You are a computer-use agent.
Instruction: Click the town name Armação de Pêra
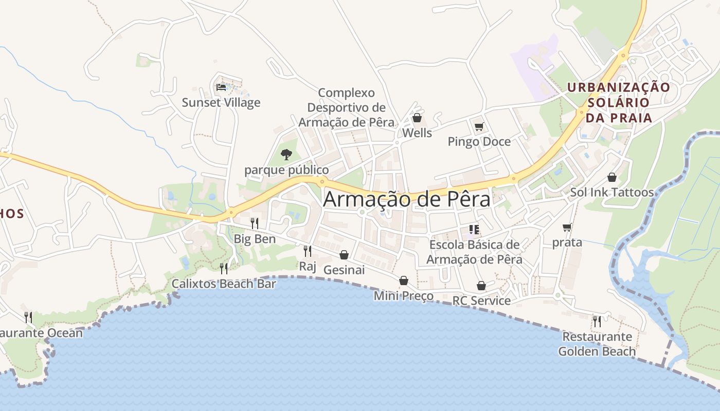(406, 200)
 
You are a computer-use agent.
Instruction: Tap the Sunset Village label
(221, 102)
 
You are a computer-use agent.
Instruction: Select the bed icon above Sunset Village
(221, 87)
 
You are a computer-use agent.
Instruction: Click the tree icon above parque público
(286, 154)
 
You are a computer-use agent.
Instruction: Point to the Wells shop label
(417, 133)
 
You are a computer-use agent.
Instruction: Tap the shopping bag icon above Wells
(417, 118)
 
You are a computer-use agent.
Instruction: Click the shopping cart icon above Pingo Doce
(479, 126)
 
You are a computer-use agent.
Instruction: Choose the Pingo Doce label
(479, 141)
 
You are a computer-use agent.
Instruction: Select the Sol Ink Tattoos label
(611, 193)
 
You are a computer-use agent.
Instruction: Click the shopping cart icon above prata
(567, 227)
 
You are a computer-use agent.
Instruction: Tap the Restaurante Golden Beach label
(597, 344)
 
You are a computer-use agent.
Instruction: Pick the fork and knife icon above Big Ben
(255, 223)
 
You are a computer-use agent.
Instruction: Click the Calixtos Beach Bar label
(224, 284)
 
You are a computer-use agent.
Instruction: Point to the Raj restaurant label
(307, 266)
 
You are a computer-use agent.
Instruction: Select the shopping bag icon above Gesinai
(344, 255)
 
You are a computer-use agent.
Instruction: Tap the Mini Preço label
(403, 296)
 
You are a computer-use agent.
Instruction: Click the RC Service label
(481, 301)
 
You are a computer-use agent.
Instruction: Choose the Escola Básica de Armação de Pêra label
(474, 252)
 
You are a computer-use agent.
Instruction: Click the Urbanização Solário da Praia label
(619, 102)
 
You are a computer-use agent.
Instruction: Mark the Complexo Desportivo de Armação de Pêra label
(346, 107)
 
